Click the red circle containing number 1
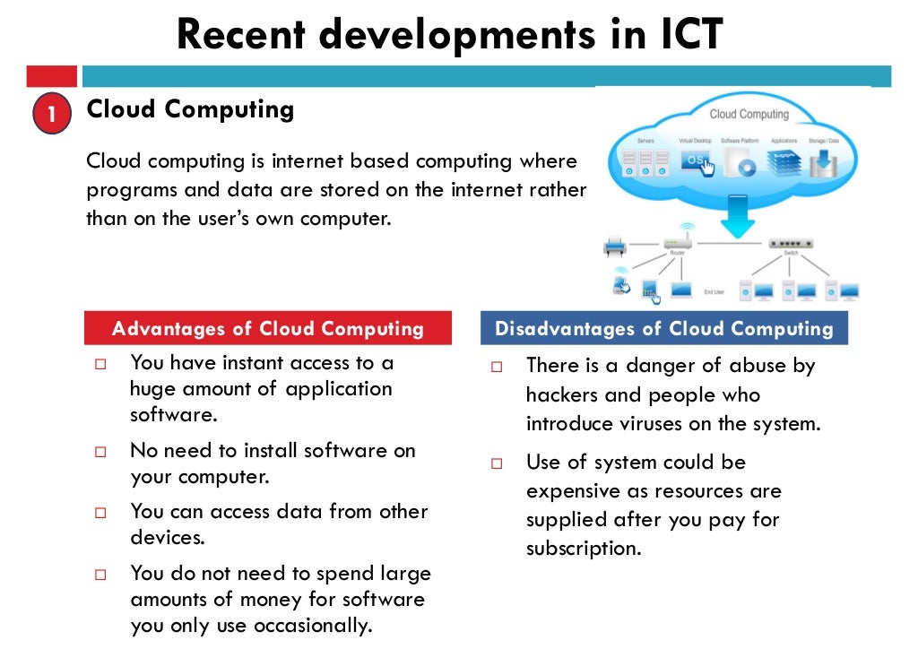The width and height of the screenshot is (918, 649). coord(52,115)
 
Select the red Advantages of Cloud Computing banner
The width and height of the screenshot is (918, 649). coord(267,329)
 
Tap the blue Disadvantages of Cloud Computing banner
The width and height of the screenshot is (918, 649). coord(663,329)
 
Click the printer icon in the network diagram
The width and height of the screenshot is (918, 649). coord(615,244)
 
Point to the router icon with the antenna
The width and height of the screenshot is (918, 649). coord(677,242)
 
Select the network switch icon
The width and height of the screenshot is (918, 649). coord(791,244)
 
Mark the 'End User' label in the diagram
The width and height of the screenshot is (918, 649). coord(714,292)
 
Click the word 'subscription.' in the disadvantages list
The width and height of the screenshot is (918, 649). coord(584,548)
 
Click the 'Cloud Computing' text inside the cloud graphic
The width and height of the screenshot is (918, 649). coord(749,115)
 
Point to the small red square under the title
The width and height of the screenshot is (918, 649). coord(52,75)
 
